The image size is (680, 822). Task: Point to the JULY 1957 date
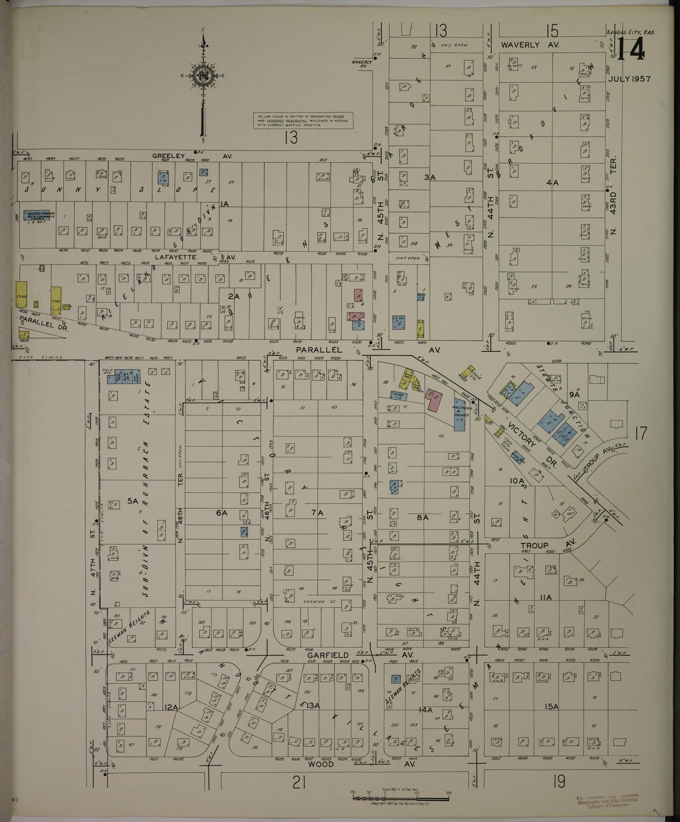pos(629,79)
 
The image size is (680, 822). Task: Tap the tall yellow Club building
pos(20,294)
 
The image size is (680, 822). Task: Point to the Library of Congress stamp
pos(607,802)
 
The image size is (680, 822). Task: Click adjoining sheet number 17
pos(641,433)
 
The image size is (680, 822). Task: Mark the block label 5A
pos(133,502)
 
